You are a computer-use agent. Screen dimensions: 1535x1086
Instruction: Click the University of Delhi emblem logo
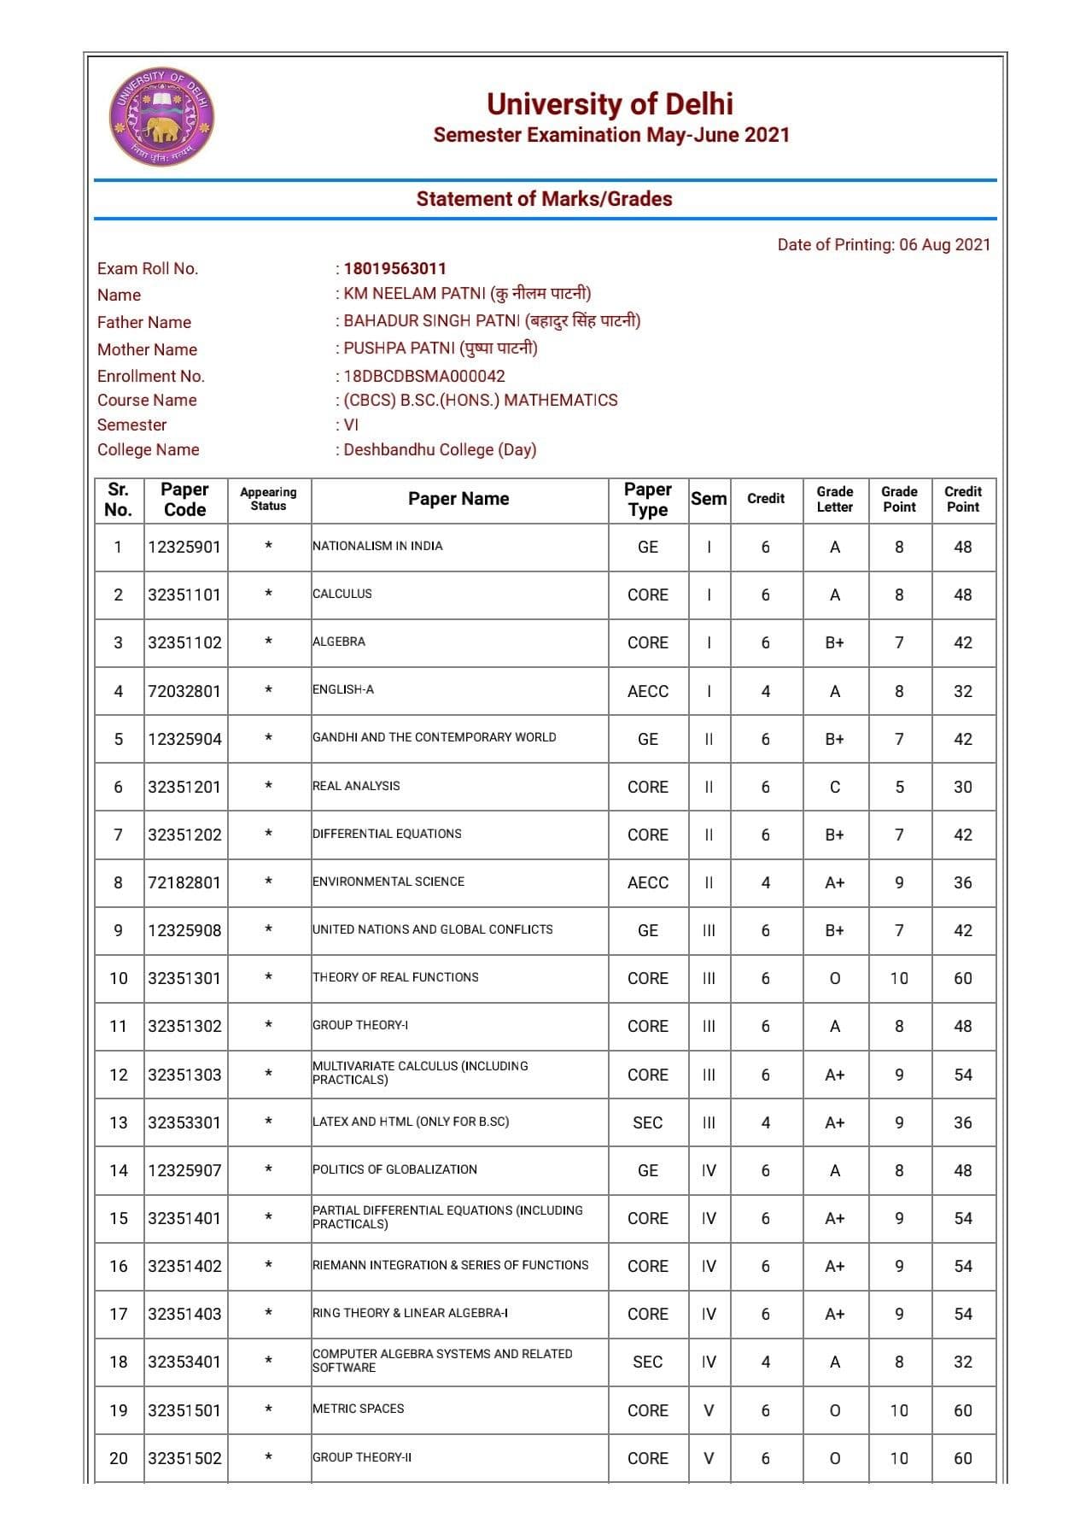[x=161, y=117]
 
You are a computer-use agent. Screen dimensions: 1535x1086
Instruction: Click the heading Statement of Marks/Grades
[x=544, y=199]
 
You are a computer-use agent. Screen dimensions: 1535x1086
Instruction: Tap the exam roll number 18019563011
[x=394, y=268]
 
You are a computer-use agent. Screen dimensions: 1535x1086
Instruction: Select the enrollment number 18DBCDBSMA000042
[x=423, y=376]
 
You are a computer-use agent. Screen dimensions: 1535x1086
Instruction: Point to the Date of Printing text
[x=884, y=245]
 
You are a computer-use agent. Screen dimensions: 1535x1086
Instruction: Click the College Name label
[x=149, y=449]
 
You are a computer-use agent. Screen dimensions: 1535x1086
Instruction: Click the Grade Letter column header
[x=834, y=499]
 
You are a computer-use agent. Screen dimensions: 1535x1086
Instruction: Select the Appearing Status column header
[x=268, y=499]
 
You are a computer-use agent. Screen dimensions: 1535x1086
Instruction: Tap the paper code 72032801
[x=184, y=691]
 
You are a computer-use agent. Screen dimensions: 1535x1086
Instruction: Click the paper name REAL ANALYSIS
[x=356, y=786]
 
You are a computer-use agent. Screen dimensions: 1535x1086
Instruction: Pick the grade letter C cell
[x=834, y=787]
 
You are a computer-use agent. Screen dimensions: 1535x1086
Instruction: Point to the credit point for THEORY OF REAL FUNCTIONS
[x=962, y=978]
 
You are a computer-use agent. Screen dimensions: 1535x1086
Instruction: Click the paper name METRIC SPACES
[x=359, y=1409]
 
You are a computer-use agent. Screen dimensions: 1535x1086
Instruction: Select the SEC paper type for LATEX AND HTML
[x=647, y=1122]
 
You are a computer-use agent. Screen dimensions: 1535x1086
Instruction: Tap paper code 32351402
[x=184, y=1266]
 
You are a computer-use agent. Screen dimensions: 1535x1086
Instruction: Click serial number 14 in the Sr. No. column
[x=118, y=1170]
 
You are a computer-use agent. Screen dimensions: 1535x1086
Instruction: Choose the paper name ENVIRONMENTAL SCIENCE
[x=388, y=882]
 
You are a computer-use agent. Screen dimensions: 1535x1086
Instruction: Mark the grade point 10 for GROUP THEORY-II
[x=899, y=1458]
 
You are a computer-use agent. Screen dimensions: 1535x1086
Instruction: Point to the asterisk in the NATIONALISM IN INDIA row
[x=268, y=546]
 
